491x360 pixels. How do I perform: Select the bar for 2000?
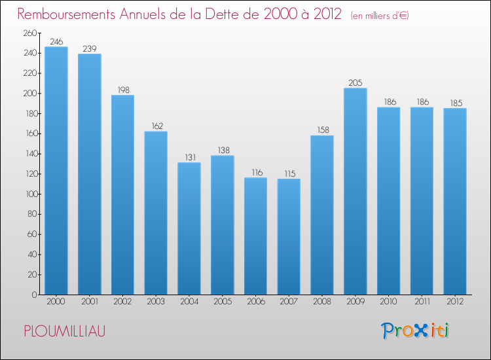56,170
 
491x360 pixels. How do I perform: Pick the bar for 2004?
189,228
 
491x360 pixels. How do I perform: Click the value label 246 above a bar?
56,41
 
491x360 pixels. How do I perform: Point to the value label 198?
122,90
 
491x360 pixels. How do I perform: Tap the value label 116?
255,172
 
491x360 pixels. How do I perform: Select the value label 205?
355,82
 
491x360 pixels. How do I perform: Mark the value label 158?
322,130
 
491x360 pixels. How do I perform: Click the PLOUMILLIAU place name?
64,331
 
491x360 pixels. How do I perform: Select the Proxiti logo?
416,331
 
